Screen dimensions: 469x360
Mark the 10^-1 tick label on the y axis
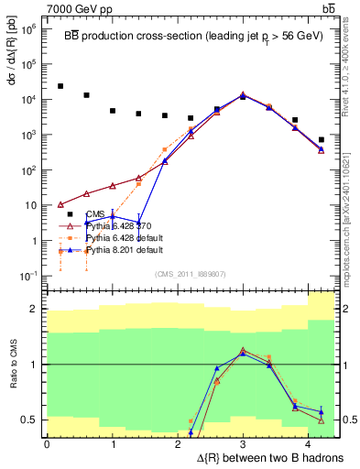[27, 276]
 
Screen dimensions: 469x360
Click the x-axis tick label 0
[47, 443]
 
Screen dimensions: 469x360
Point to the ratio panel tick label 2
[35, 309]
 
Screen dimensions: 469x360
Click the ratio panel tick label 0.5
[31, 420]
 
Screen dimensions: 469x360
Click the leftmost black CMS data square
[60, 86]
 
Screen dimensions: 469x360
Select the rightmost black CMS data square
[321, 140]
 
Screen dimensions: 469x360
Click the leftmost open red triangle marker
[60, 204]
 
